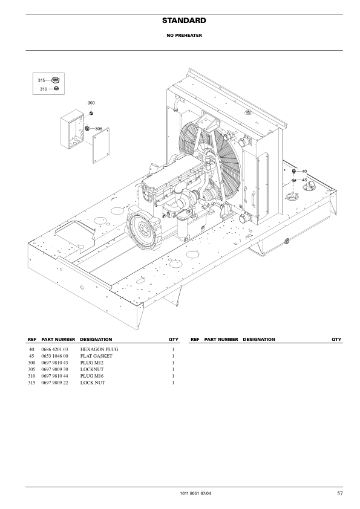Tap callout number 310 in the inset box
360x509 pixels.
44,89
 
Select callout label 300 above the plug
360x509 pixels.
91,104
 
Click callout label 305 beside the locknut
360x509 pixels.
99,128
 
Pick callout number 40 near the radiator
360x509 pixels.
304,172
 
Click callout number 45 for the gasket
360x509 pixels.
304,180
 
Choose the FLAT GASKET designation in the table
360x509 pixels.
96,357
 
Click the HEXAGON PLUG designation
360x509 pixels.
98,350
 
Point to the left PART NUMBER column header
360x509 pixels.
57,340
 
